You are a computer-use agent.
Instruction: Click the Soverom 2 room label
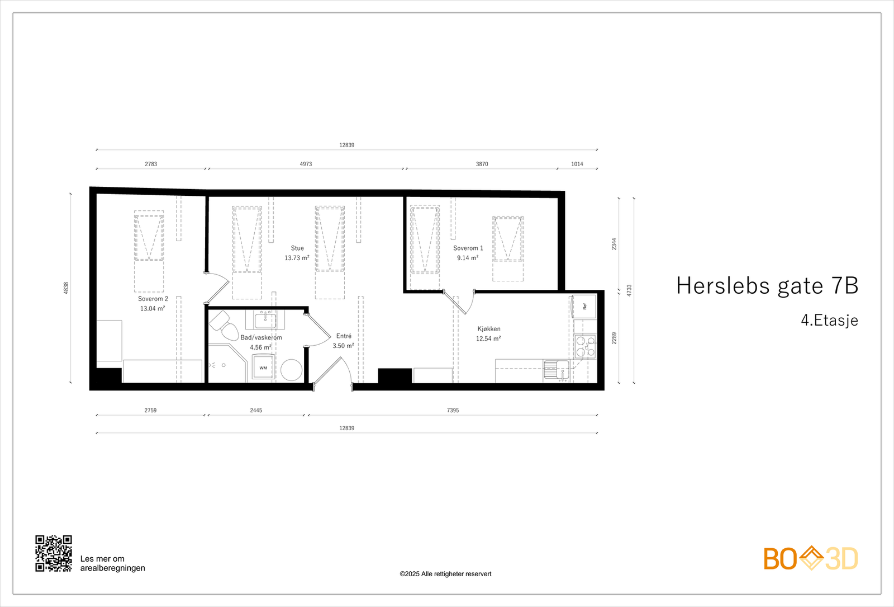pyautogui.click(x=153, y=299)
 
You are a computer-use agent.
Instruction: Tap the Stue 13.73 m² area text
pyautogui.click(x=297, y=258)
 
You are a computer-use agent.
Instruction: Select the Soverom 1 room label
pyautogui.click(x=468, y=248)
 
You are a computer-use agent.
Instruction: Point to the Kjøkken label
pyautogui.click(x=489, y=329)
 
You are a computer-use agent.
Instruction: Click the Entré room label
pyautogui.click(x=344, y=336)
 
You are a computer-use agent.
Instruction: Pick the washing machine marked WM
pyautogui.click(x=263, y=368)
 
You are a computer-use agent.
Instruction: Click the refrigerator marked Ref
pyautogui.click(x=584, y=307)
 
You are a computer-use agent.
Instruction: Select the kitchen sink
pyautogui.click(x=556, y=369)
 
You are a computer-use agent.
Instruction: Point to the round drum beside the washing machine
pyautogui.click(x=291, y=370)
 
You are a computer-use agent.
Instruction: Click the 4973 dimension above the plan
pyautogui.click(x=306, y=164)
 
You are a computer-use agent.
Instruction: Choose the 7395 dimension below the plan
pyautogui.click(x=453, y=410)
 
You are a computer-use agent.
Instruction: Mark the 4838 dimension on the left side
pyautogui.click(x=66, y=288)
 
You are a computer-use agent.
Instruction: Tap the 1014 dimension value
pyautogui.click(x=577, y=164)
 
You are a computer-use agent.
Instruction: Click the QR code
pyautogui.click(x=54, y=553)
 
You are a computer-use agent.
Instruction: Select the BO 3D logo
pyautogui.click(x=811, y=558)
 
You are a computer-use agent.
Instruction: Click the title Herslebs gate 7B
pyautogui.click(x=767, y=285)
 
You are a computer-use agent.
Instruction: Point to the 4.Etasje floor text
pyautogui.click(x=829, y=320)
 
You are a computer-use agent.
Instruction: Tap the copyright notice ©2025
pyautogui.click(x=445, y=573)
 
